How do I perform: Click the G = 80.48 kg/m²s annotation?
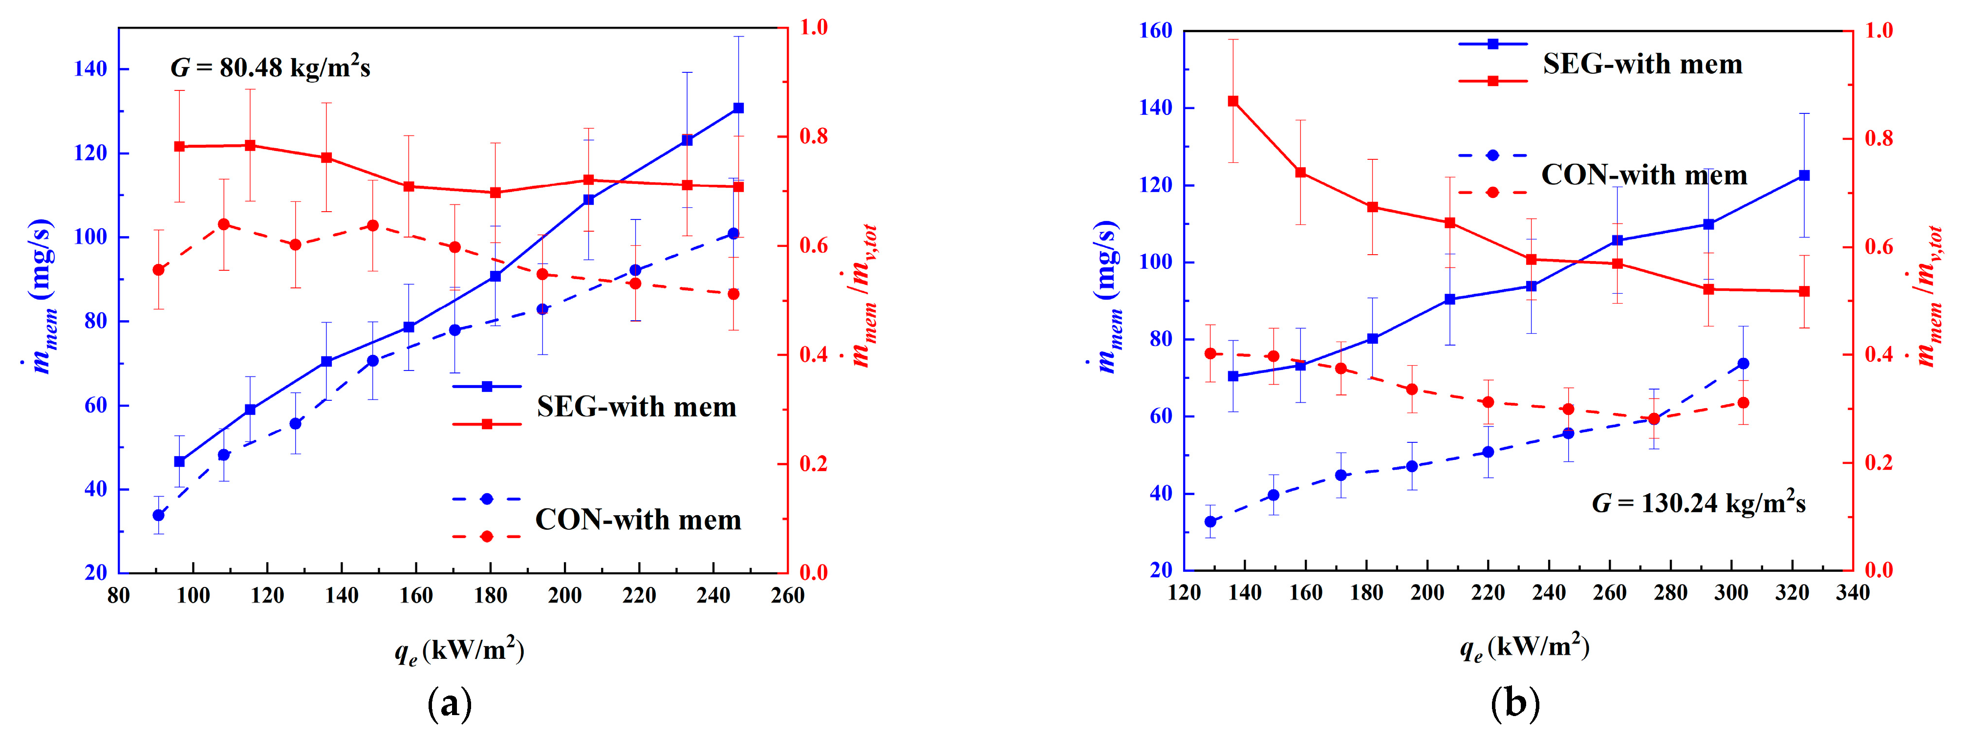(270, 68)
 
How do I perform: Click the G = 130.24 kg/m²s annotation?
(1698, 503)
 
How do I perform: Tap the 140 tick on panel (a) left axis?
(90, 69)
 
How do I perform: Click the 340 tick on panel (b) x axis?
(1852, 593)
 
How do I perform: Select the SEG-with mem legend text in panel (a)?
(636, 407)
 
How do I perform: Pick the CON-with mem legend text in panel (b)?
(1644, 175)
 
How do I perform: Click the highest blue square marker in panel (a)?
(737, 109)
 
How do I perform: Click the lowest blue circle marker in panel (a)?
(159, 515)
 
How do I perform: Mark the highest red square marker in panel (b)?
(1232, 101)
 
